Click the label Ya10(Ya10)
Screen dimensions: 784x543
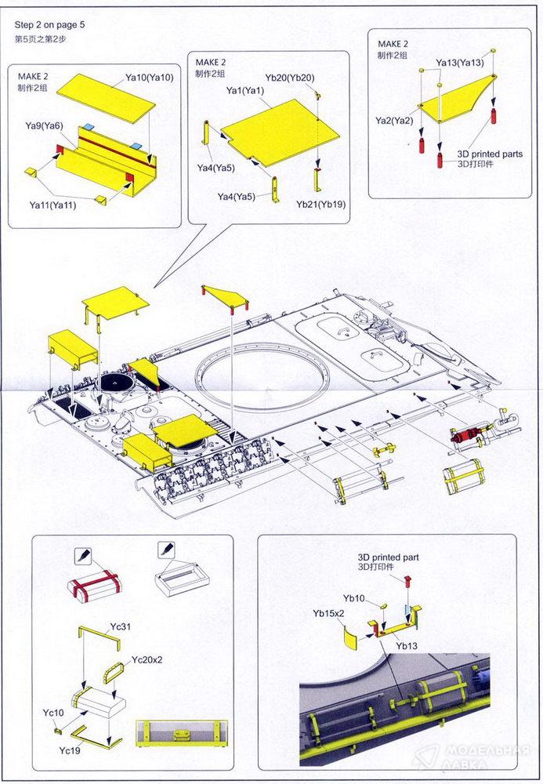(149, 77)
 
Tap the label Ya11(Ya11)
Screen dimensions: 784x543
(53, 205)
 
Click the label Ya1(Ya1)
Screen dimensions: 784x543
(244, 92)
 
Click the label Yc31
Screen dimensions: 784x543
(120, 627)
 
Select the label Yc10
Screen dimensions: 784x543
(53, 713)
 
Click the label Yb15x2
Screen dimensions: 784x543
(328, 613)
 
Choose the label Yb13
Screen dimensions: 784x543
(407, 647)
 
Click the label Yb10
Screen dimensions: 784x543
(353, 598)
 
